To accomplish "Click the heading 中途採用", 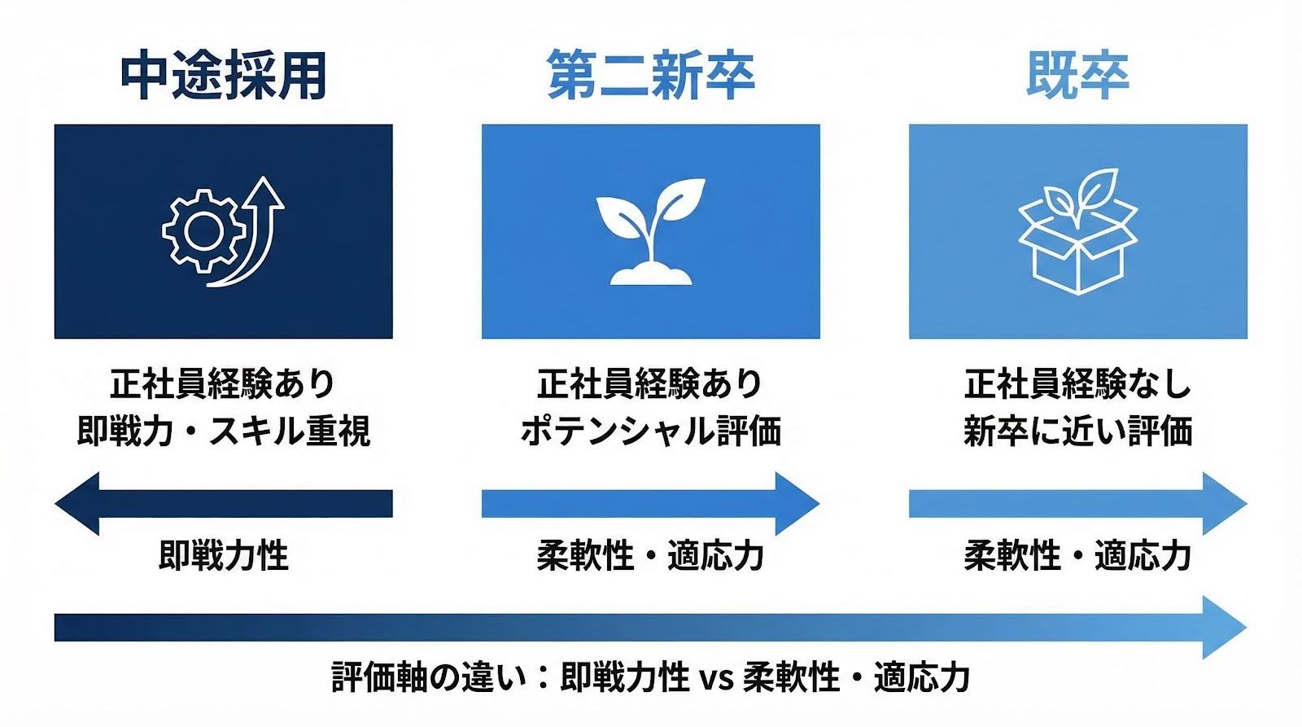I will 224,75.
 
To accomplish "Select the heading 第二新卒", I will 650,75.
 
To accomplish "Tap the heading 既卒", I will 1077,75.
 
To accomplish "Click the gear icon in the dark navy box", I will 202,231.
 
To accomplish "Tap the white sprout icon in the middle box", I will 650,231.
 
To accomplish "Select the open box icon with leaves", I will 1077,233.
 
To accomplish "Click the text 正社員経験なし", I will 1077,383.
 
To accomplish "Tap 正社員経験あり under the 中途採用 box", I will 224,383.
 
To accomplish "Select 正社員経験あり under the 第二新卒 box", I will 650,383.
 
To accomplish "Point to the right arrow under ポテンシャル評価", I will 650,503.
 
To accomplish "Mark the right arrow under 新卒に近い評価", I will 1077,503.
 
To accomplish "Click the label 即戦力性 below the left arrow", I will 224,556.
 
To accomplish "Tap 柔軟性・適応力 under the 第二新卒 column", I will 650,556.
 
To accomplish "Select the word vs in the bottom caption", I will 716,678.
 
